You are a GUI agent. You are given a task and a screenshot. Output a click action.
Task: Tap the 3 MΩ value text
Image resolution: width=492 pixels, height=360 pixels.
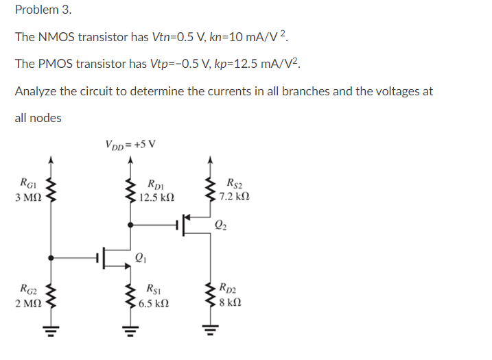28,197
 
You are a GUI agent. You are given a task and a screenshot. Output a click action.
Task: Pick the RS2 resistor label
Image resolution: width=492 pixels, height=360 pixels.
234,183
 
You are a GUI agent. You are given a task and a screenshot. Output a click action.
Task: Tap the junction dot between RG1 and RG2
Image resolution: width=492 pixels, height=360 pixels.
51,259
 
